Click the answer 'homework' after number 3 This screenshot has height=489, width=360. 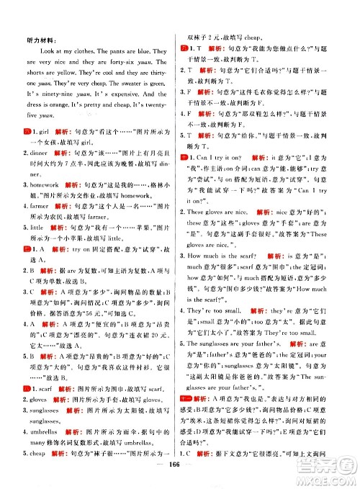[x=45, y=204]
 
